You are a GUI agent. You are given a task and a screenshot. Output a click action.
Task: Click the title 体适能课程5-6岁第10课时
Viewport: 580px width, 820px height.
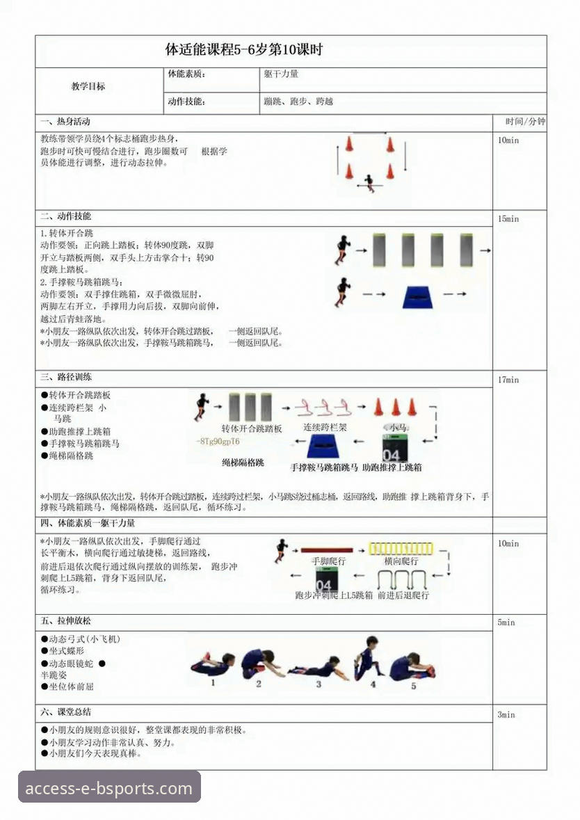[243, 51]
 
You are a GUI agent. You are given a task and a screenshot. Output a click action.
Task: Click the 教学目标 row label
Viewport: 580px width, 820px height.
[88, 87]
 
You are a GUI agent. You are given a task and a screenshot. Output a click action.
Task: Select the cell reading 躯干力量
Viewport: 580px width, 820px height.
[281, 74]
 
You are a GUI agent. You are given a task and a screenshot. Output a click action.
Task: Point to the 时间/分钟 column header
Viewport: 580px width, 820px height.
[525, 122]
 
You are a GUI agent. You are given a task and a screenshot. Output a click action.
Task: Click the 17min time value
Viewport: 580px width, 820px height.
[508, 380]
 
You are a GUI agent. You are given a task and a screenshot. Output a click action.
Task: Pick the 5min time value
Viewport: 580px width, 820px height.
[506, 622]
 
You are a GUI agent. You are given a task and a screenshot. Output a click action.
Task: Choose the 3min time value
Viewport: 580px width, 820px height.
[506, 714]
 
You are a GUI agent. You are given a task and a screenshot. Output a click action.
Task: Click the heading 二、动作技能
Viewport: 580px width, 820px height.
[65, 217]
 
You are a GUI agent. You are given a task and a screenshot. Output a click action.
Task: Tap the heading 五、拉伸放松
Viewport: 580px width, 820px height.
[65, 620]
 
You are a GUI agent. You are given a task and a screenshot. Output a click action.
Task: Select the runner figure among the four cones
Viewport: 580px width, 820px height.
[369, 183]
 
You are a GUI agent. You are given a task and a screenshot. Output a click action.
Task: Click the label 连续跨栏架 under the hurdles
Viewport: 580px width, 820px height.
[325, 427]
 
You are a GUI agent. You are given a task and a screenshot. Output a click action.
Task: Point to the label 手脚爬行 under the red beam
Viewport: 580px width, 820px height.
[328, 561]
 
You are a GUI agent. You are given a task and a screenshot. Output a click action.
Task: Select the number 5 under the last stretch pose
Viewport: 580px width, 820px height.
[413, 685]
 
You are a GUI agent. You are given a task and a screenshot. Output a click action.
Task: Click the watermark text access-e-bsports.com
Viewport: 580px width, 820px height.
[108, 788]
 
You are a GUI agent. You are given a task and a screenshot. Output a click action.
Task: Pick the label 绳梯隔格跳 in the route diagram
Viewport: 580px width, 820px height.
[243, 462]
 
